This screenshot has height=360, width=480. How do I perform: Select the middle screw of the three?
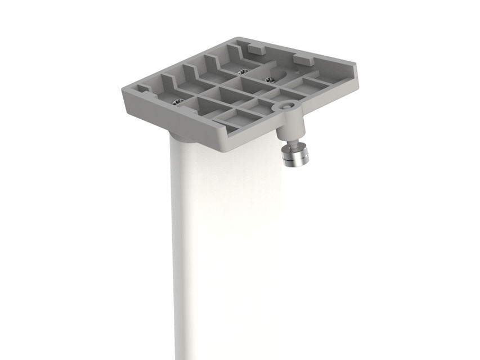point(243,72)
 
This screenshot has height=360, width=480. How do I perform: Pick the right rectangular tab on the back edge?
point(303,58)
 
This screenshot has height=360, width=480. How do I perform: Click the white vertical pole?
point(225,253)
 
